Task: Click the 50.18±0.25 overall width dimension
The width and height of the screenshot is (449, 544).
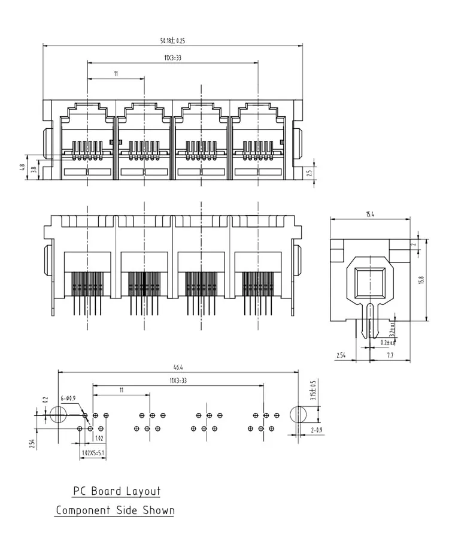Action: pyautogui.click(x=172, y=41)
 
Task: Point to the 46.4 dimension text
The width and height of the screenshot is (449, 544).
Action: pyautogui.click(x=177, y=367)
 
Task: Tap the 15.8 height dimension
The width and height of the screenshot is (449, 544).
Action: pyautogui.click(x=421, y=280)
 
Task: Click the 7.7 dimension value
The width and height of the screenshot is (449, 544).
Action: pyautogui.click(x=390, y=355)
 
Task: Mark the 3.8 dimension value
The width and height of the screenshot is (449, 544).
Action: pyautogui.click(x=34, y=170)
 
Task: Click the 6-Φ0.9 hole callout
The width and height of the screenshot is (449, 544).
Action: pyautogui.click(x=68, y=398)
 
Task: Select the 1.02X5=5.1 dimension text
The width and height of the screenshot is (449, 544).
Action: pyautogui.click(x=93, y=454)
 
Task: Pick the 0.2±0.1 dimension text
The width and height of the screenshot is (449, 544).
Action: pyautogui.click(x=387, y=343)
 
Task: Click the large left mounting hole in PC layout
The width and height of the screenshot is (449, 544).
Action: pyautogui.click(x=58, y=415)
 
